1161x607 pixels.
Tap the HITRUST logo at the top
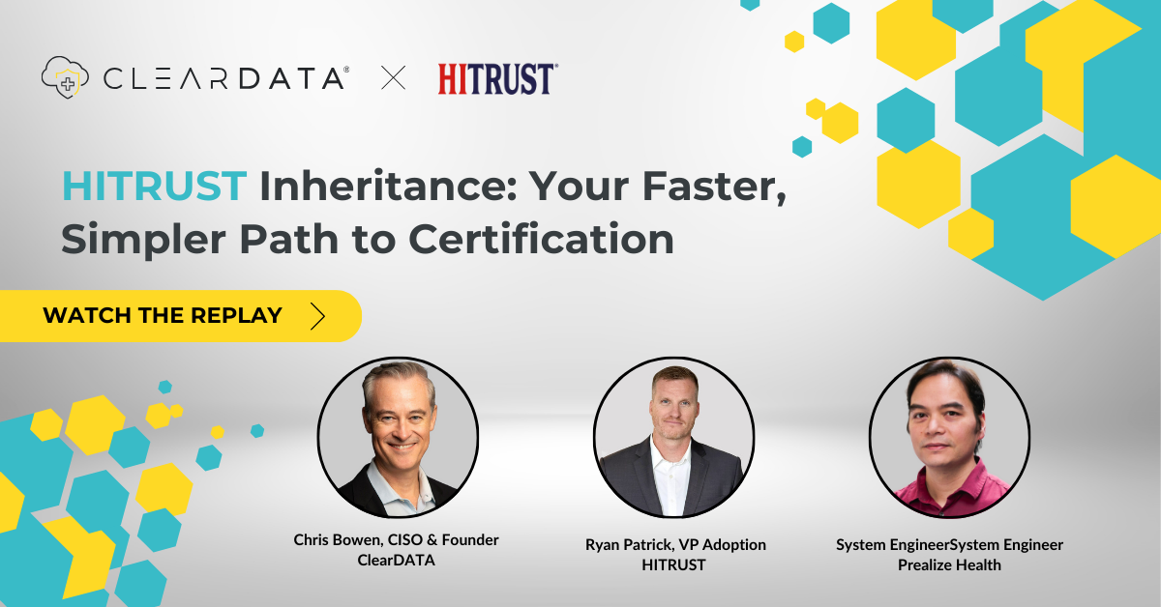point(497,77)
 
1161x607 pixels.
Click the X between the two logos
point(394,77)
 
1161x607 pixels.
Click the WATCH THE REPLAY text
point(163,315)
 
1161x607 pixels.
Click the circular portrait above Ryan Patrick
point(673,439)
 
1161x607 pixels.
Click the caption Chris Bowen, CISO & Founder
point(397,540)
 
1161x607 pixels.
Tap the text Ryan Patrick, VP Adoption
point(675,545)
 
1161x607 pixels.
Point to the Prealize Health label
point(949,564)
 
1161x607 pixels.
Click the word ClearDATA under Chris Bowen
point(397,560)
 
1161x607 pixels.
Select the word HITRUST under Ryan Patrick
point(674,564)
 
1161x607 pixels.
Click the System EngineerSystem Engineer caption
point(949,545)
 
